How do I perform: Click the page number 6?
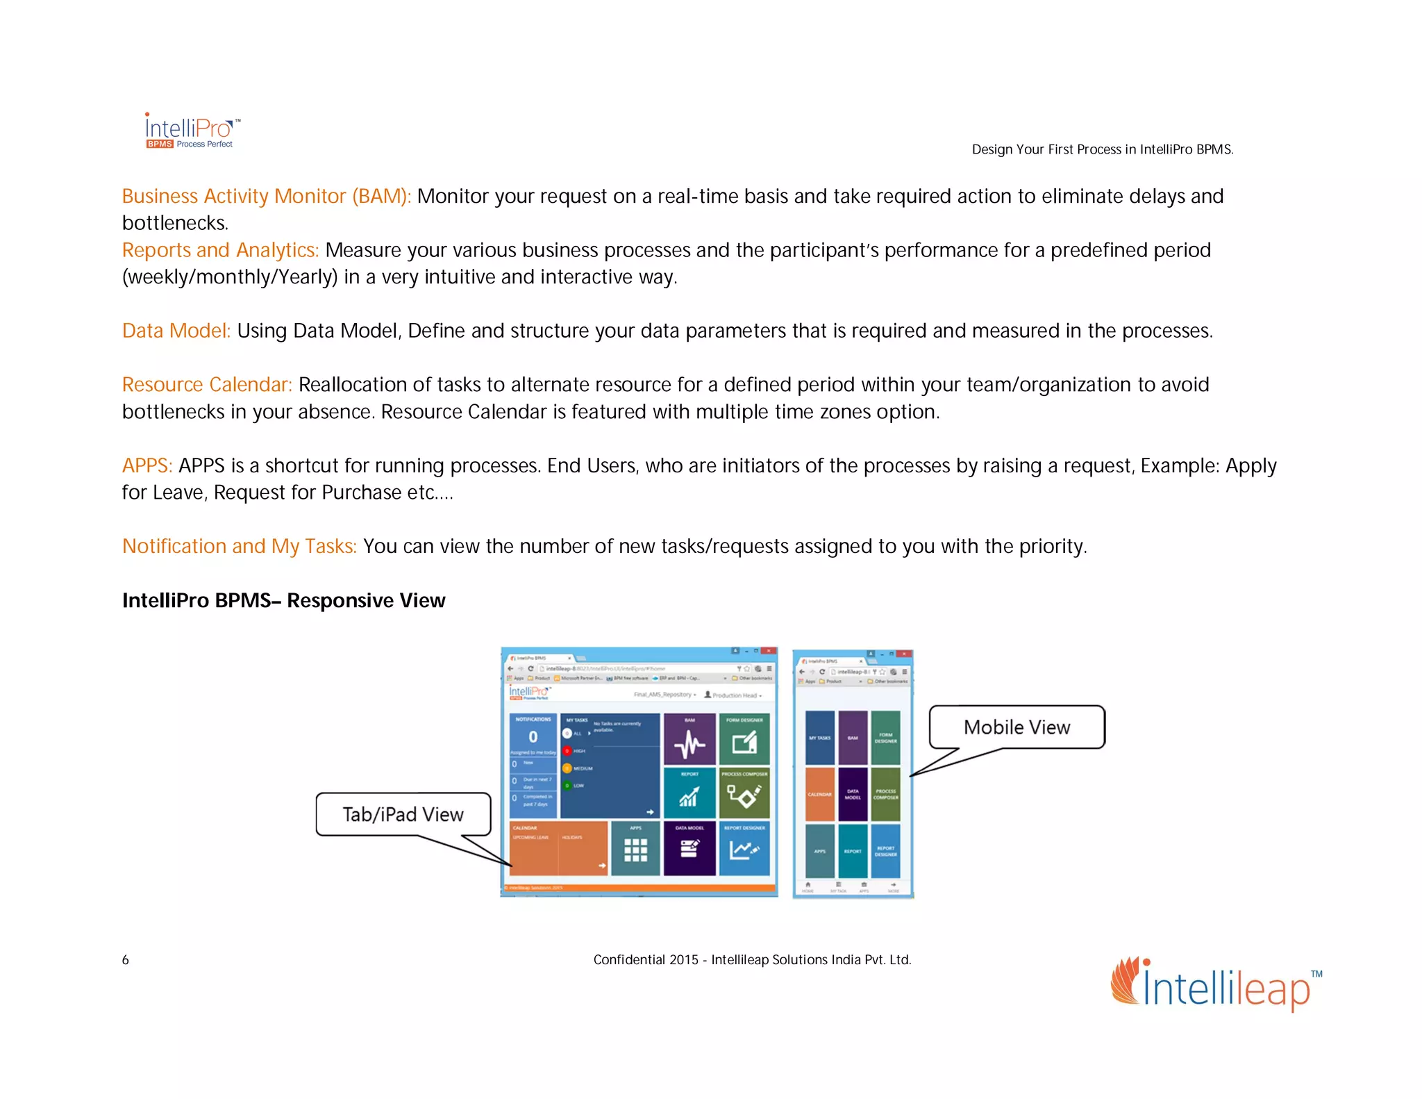coord(126,960)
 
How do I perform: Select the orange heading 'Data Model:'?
coord(176,331)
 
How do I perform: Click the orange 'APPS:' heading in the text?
coord(147,465)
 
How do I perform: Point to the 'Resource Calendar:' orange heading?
coord(207,385)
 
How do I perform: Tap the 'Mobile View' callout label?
coord(1017,727)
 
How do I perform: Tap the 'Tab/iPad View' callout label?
coord(403,814)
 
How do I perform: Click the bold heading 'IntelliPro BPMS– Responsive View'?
coord(283,600)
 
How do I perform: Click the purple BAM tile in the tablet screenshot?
coord(689,739)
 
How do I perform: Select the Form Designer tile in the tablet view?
coord(744,739)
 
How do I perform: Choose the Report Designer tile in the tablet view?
coord(744,848)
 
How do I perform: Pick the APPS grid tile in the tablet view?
coord(635,848)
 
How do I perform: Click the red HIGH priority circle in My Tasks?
coord(567,751)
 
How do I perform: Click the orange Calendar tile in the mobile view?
coord(819,794)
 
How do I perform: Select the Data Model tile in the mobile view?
coord(853,794)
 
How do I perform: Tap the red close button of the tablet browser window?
coord(769,651)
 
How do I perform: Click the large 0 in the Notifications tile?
coord(533,737)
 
